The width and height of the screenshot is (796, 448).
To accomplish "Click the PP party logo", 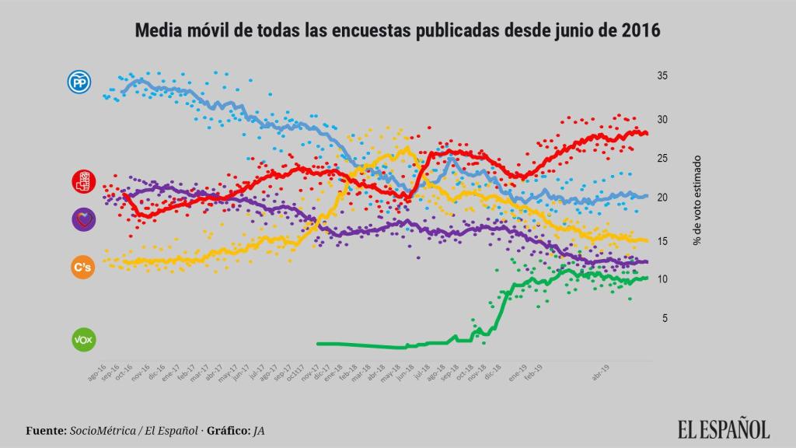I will coord(79,82).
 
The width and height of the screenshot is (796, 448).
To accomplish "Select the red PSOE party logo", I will coord(83,182).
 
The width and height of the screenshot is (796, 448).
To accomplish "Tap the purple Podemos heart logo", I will coord(83,220).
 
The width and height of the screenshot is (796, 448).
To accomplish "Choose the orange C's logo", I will coord(83,268).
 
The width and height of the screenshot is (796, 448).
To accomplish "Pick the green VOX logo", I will coord(82,340).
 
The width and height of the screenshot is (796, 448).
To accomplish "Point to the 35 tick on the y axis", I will coord(662,76).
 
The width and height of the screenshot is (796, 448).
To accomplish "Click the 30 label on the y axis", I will coord(662,119).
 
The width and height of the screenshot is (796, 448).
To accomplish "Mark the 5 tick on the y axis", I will coord(665,318).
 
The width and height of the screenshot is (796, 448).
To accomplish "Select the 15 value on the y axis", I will coord(662,242).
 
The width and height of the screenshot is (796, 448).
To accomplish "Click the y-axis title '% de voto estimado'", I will coord(697,198).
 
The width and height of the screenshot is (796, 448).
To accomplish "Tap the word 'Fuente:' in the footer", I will coord(44,429).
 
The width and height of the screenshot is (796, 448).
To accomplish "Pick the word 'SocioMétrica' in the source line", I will coord(101,429).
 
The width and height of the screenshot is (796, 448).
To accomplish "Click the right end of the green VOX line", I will coord(647,278).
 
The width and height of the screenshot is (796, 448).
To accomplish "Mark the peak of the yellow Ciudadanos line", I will coord(407,147).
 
